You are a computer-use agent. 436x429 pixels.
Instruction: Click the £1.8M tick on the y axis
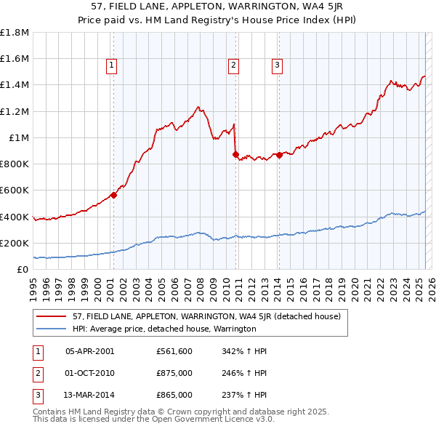coord(15,33)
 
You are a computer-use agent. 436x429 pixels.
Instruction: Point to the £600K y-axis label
coord(15,191)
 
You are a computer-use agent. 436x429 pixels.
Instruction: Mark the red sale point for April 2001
coord(113,195)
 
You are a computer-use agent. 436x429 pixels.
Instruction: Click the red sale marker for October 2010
coord(235,154)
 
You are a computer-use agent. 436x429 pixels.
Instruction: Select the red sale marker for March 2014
coord(279,155)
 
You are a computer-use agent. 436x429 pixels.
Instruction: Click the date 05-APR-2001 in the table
coord(90,351)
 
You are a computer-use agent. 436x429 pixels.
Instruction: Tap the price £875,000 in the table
coord(174,373)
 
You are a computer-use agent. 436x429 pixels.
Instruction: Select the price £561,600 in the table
coord(174,351)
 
